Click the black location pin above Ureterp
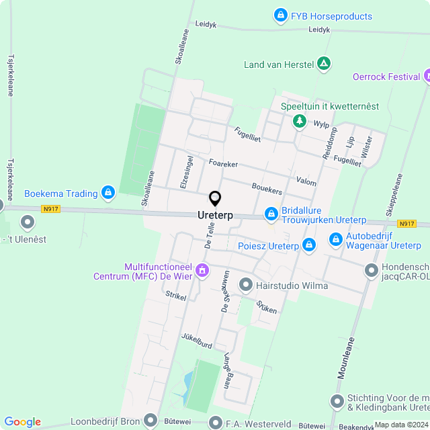(x=215, y=198)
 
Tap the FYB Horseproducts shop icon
(x=279, y=15)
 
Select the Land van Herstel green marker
(x=325, y=64)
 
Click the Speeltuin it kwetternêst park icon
(x=298, y=122)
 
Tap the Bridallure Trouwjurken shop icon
(x=271, y=214)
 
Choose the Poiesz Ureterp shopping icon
(x=309, y=245)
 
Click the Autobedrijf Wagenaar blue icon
(x=336, y=239)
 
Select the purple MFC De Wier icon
(x=202, y=270)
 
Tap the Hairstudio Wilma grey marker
(x=246, y=285)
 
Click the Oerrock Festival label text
(x=386, y=76)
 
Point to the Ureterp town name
(x=215, y=215)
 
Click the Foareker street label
(x=224, y=163)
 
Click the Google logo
(x=22, y=422)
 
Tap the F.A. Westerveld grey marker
(x=215, y=423)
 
